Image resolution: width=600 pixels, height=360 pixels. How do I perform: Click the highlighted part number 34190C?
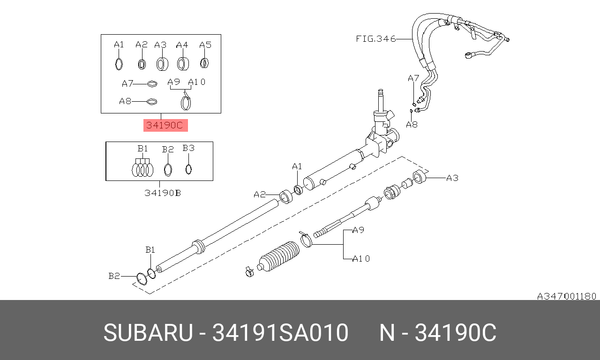(x=165, y=125)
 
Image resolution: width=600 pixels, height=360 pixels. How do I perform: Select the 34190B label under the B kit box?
(x=162, y=193)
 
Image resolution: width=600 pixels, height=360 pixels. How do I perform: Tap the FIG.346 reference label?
(x=375, y=39)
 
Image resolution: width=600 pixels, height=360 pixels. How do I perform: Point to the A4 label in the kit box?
(x=182, y=45)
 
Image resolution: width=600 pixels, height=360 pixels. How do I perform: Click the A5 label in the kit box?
(x=205, y=45)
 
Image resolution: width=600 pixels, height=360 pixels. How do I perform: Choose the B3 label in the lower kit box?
(x=188, y=148)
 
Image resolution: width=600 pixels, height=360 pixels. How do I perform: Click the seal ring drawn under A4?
(x=183, y=63)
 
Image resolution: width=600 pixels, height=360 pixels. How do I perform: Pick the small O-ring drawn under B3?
(x=188, y=169)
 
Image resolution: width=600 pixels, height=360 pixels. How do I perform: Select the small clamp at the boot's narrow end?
(x=249, y=271)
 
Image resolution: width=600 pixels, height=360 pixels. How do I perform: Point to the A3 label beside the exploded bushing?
(x=452, y=178)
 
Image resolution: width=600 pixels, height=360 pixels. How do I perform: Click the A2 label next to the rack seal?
(x=260, y=194)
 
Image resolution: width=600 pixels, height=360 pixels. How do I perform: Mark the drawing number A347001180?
(x=566, y=296)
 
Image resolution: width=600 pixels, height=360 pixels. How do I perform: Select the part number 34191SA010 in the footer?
(x=280, y=333)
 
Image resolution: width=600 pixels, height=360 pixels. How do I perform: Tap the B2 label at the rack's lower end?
(x=114, y=276)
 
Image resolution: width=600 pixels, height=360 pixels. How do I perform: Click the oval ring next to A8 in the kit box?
(x=151, y=101)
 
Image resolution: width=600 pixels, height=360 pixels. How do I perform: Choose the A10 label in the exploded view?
(x=361, y=258)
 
